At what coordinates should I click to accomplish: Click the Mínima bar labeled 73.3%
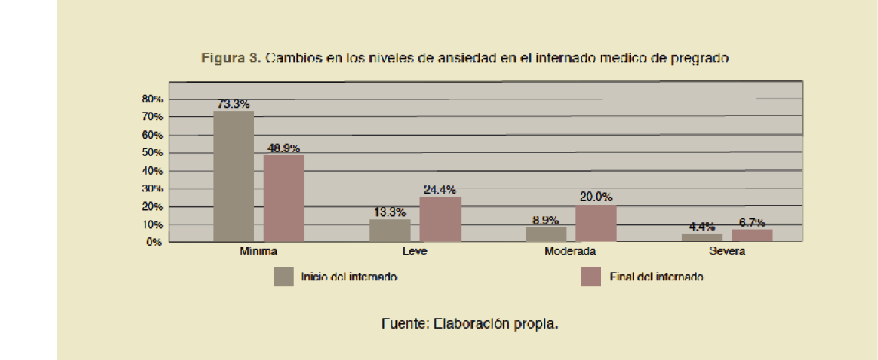pyautogui.click(x=233, y=176)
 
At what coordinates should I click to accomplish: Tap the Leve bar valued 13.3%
pyautogui.click(x=389, y=231)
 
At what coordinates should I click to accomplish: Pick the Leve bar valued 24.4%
pyautogui.click(x=440, y=219)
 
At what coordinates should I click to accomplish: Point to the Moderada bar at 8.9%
pyautogui.click(x=545, y=234)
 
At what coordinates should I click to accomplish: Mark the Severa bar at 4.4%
pyautogui.click(x=702, y=237)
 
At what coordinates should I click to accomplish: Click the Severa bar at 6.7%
pyautogui.click(x=752, y=235)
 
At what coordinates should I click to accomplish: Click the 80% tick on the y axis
pyautogui.click(x=152, y=99)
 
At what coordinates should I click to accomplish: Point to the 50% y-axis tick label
pyautogui.click(x=152, y=152)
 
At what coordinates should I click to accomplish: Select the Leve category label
pyautogui.click(x=414, y=251)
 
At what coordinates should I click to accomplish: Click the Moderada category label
pyautogui.click(x=570, y=251)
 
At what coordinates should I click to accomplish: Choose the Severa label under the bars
pyautogui.click(x=726, y=251)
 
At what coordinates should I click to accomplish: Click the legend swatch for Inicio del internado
pyautogui.click(x=283, y=277)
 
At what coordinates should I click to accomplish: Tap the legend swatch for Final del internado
pyautogui.click(x=591, y=277)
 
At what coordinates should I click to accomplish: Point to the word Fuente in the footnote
pyautogui.click(x=404, y=323)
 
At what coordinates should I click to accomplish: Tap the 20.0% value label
pyautogui.click(x=595, y=197)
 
